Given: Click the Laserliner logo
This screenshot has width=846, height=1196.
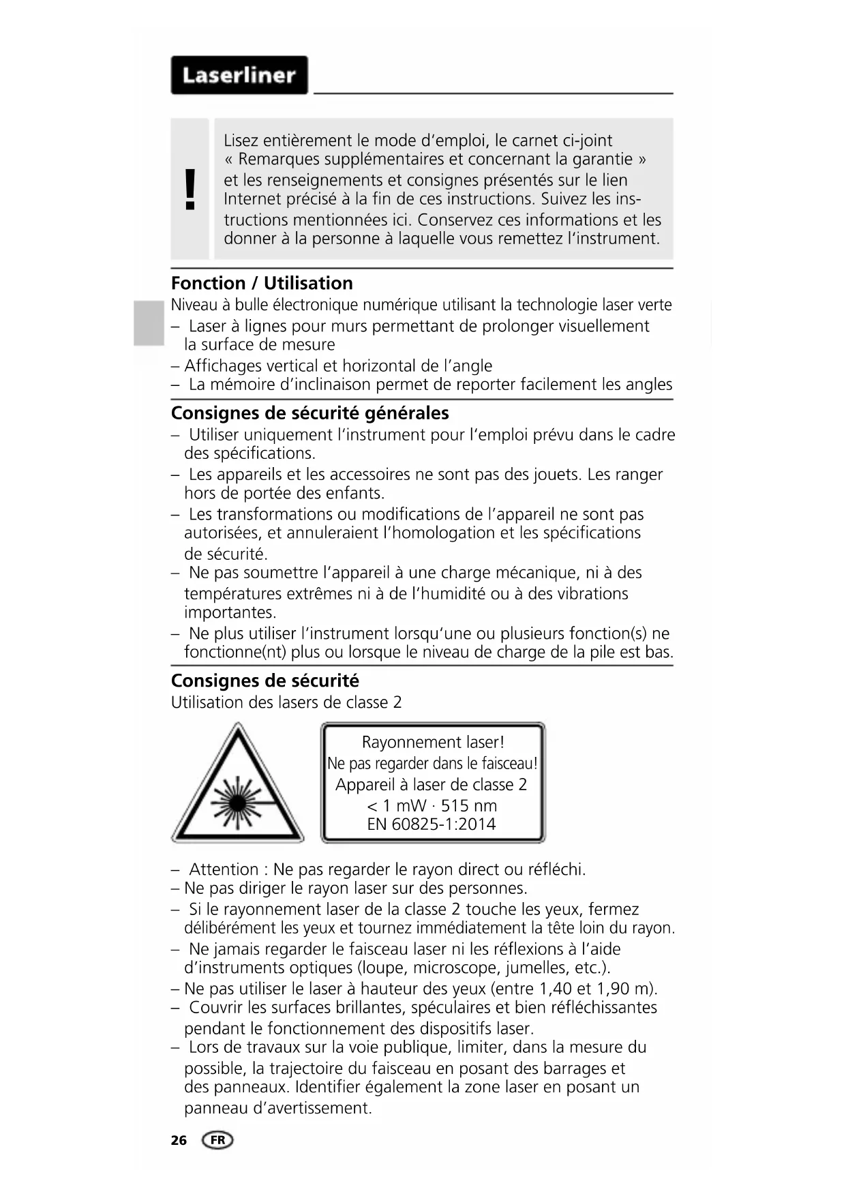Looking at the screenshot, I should coord(239,75).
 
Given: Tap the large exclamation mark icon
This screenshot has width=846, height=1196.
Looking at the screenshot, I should coord(190,189).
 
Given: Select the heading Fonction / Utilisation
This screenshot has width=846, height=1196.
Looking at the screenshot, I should coord(262,283).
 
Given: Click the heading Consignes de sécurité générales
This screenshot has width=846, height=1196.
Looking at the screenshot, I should coord(309,413).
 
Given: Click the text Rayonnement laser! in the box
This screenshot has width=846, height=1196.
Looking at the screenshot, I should coord(433,742).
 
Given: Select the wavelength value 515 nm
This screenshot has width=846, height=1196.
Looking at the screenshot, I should coord(469,805).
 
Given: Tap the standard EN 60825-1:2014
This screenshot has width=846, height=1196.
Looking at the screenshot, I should coord(432,824).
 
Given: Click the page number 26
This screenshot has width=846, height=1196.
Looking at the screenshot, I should coord(179,1140).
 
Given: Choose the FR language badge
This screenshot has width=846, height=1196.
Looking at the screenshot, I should coord(217,1140).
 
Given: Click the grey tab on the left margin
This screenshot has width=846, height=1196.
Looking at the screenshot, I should coord(149,323).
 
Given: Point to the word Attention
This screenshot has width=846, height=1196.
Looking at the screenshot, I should coord(224,869).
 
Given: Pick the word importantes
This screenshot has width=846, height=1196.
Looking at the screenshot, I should coord(230,612).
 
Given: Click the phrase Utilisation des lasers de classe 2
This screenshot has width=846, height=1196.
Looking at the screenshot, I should coord(286,702).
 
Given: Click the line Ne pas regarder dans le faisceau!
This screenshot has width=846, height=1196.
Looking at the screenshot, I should coord(433,763).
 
